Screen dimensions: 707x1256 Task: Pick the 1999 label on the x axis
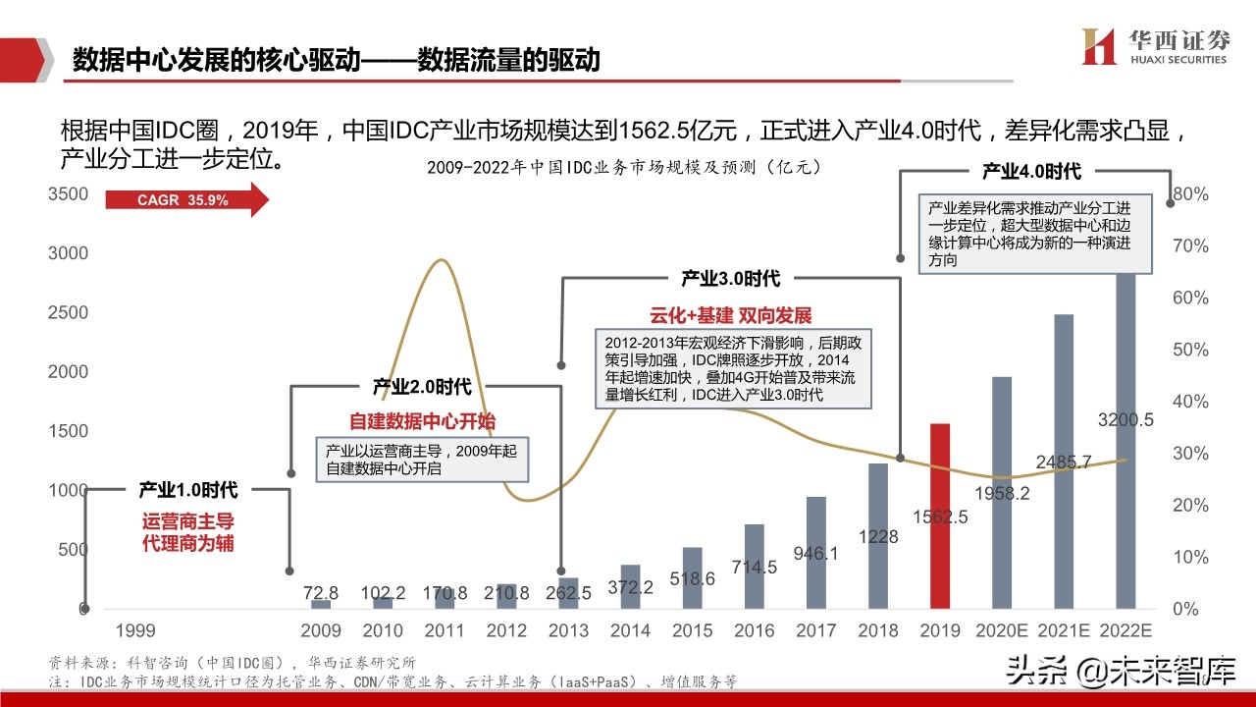(x=135, y=629)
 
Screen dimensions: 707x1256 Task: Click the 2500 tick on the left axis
(x=68, y=312)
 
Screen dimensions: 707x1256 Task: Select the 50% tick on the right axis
(x=1190, y=350)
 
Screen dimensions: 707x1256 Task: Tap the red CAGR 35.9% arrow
(x=186, y=200)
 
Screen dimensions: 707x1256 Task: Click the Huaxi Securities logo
(x=1154, y=46)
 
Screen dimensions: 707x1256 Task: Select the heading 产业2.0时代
(x=422, y=387)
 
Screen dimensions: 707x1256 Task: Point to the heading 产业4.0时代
(x=1031, y=172)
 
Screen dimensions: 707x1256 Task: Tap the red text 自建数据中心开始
(x=423, y=421)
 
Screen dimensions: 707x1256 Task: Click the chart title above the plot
(x=624, y=168)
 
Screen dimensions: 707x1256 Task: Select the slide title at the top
(x=337, y=61)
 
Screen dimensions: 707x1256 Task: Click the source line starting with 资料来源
(x=233, y=662)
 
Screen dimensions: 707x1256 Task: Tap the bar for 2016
(x=754, y=567)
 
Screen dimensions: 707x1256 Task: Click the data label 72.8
(x=321, y=593)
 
